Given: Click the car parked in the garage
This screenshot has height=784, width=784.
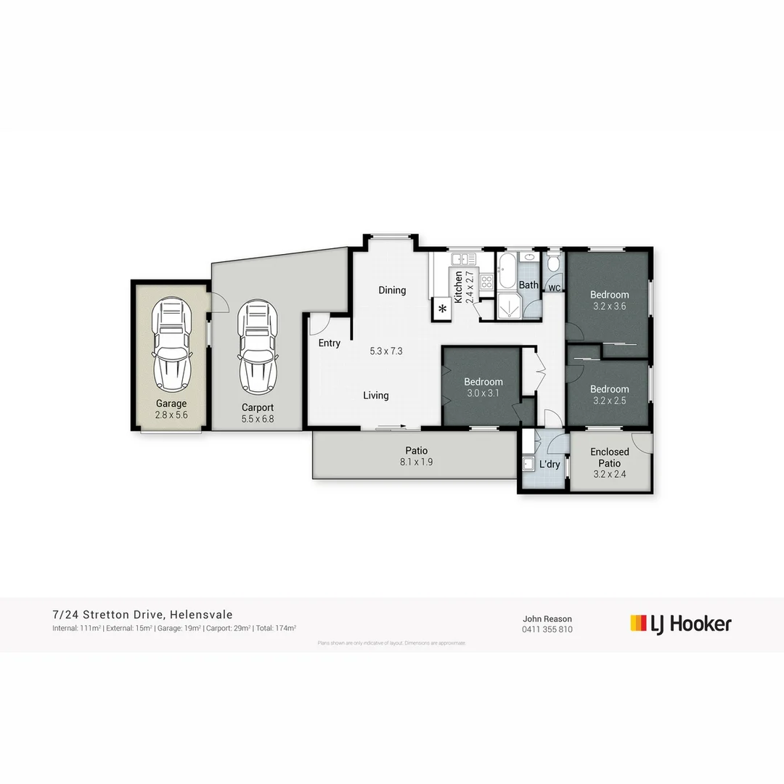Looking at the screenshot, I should click(x=171, y=343).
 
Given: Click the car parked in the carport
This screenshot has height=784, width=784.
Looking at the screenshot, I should click(x=258, y=343).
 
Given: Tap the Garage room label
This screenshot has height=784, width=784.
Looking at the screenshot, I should click(x=171, y=404).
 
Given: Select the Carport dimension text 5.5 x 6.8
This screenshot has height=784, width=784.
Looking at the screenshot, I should click(x=258, y=419).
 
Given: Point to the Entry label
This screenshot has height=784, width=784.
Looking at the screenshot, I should click(x=329, y=343).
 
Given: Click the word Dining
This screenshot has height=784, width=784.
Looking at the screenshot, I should click(x=392, y=290).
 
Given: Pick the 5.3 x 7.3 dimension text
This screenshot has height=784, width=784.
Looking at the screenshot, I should click(x=385, y=351).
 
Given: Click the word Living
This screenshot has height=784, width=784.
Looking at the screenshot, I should click(x=376, y=396).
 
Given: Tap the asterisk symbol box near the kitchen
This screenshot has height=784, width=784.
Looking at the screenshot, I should click(x=441, y=309).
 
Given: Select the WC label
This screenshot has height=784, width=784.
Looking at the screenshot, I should click(x=554, y=288).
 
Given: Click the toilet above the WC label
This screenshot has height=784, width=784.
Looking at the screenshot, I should click(x=554, y=263).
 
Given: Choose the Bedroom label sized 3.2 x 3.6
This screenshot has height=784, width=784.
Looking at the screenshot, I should click(x=609, y=295).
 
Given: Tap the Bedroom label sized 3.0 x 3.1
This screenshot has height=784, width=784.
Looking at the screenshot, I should click(x=483, y=382).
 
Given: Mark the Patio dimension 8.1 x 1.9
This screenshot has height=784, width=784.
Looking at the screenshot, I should click(x=416, y=462).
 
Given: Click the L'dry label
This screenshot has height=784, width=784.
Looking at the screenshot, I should click(x=550, y=465).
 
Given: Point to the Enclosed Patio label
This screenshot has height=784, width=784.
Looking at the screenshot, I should click(x=609, y=457).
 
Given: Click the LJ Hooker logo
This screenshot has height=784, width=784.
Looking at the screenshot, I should click(x=680, y=624).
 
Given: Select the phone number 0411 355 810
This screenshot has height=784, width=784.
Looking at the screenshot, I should click(x=547, y=629).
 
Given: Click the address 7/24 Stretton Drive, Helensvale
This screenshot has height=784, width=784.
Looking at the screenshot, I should click(x=142, y=615).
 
